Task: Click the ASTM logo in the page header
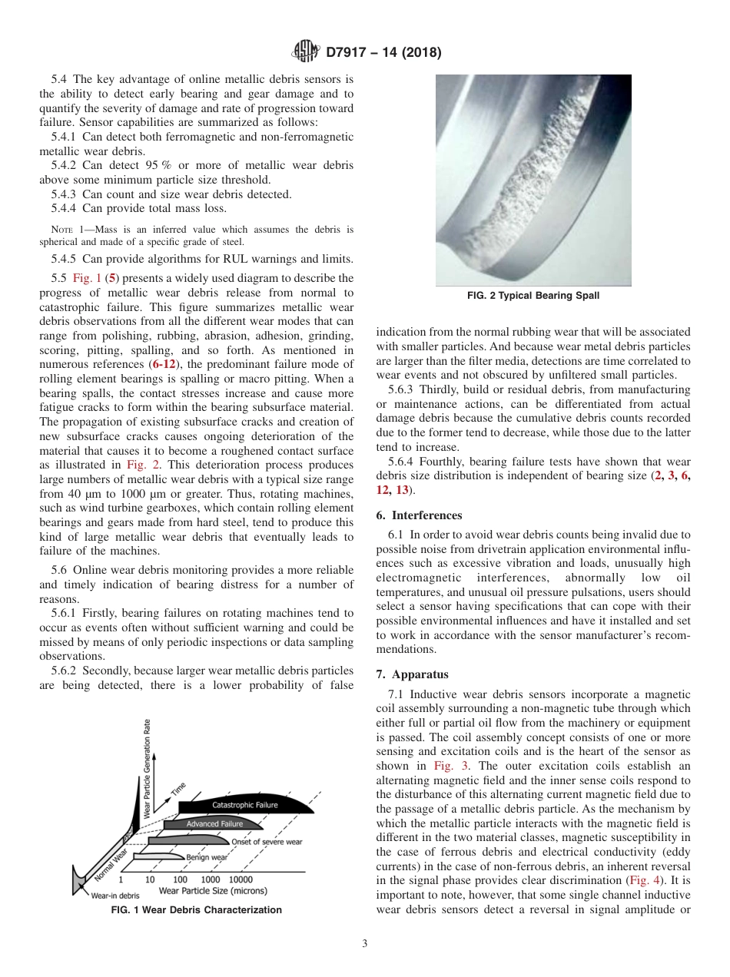(x=307, y=52)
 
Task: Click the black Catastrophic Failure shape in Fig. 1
(x=244, y=805)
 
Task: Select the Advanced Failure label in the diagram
(x=214, y=824)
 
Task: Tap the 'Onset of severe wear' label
(x=267, y=842)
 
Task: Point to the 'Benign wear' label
(x=206, y=857)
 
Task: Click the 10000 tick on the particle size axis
(x=241, y=879)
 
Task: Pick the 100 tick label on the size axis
(x=180, y=879)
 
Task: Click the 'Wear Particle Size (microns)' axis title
(x=213, y=891)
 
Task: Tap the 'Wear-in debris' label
(x=115, y=896)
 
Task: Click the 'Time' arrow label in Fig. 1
(x=179, y=788)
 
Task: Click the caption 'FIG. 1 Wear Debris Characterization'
(x=197, y=910)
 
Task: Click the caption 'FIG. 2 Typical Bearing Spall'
(x=533, y=296)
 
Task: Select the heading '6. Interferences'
(x=419, y=515)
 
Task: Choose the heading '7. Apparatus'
(x=412, y=674)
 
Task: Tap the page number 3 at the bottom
(x=365, y=944)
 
